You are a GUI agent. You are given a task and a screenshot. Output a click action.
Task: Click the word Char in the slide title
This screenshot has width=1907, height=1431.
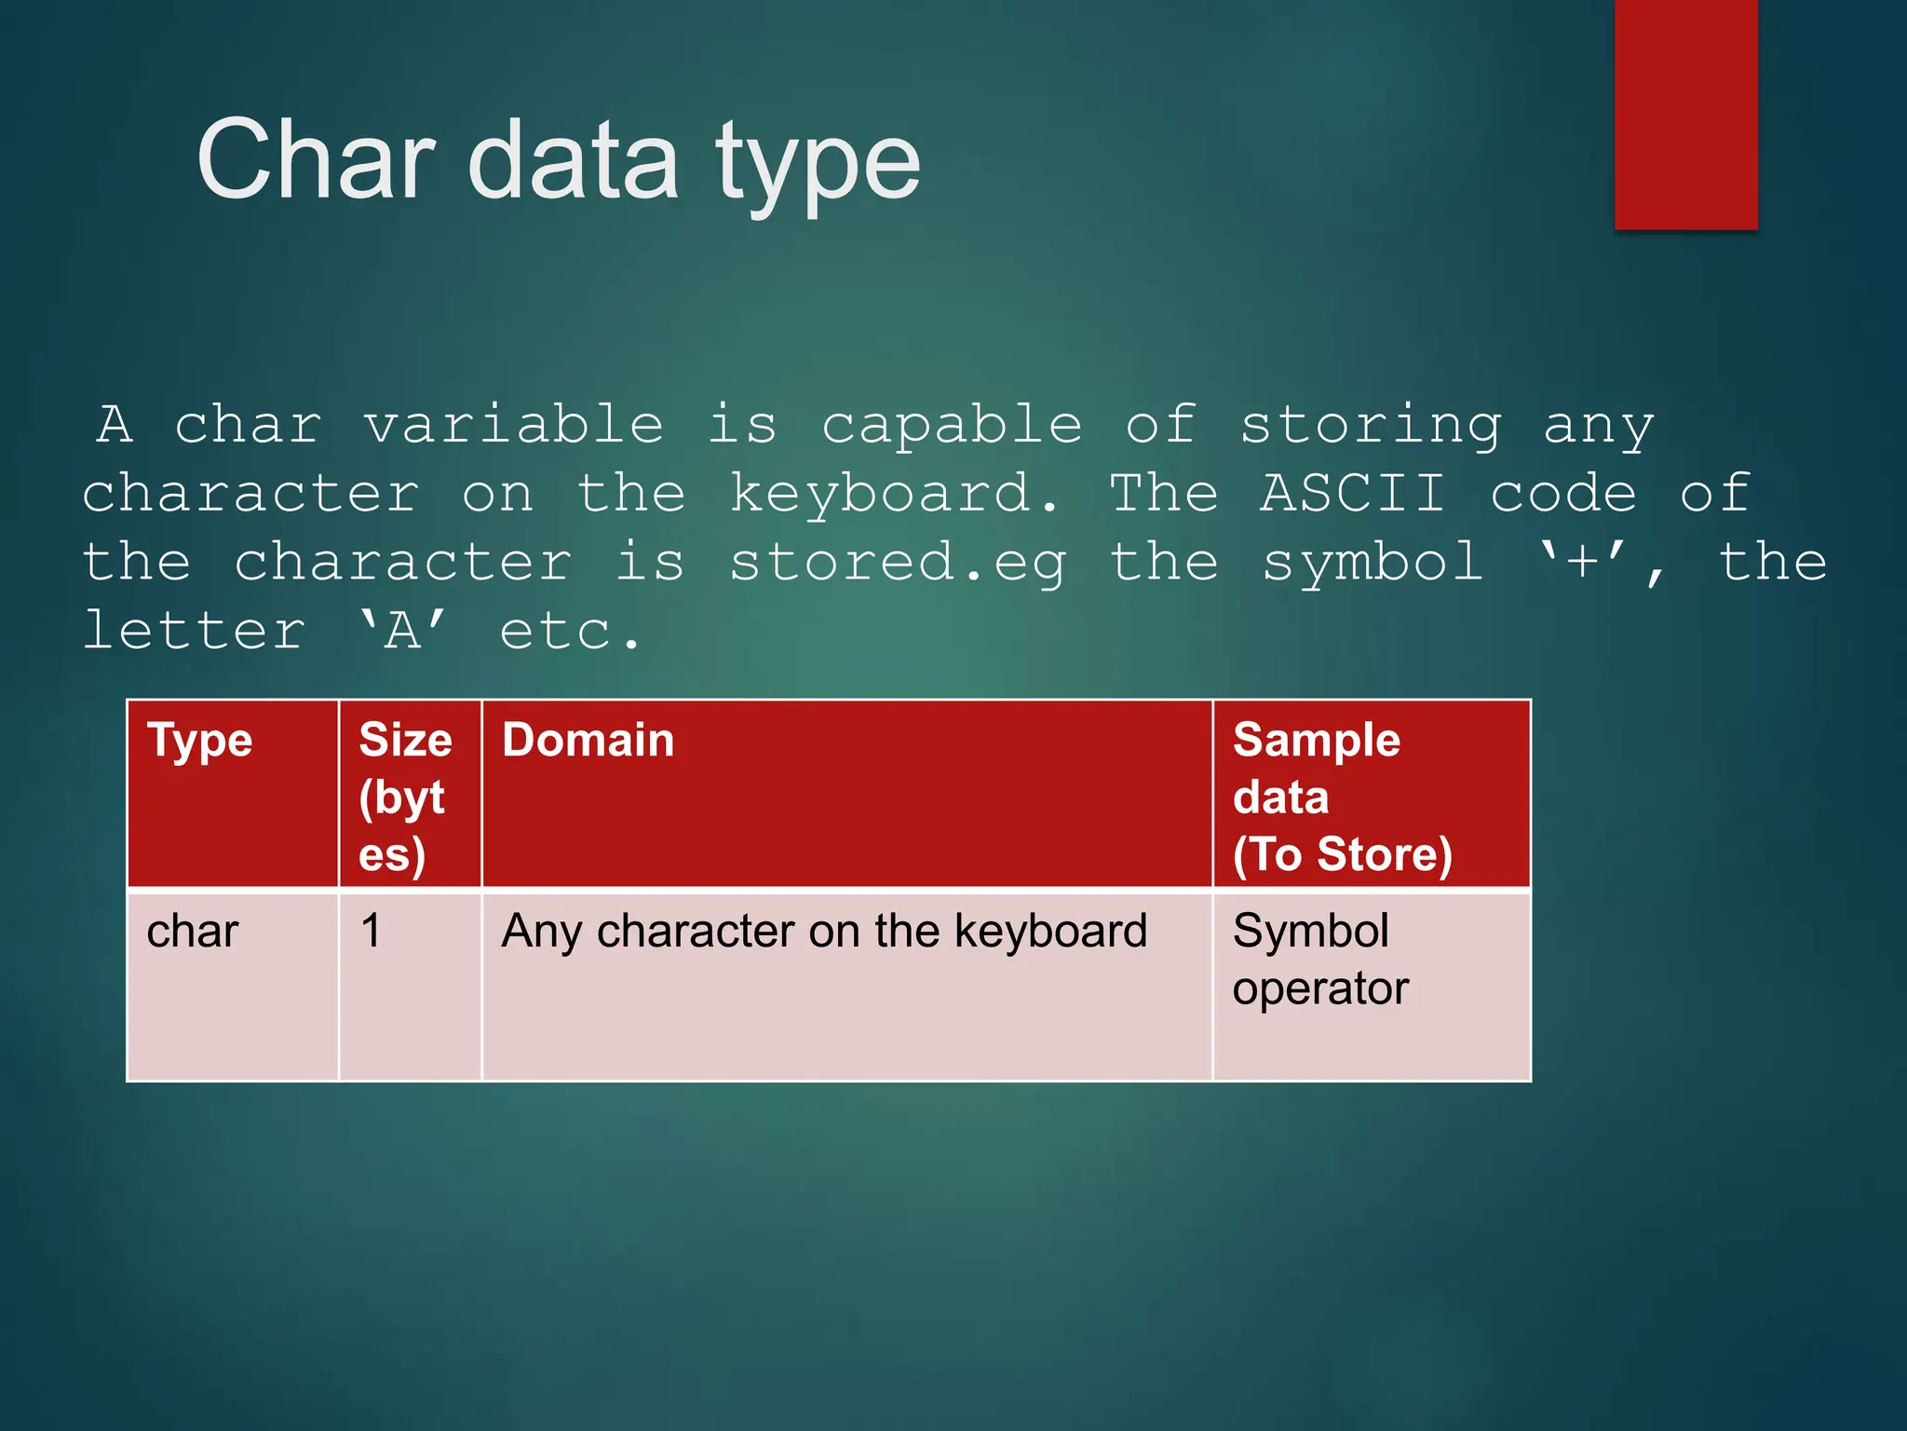click(317, 160)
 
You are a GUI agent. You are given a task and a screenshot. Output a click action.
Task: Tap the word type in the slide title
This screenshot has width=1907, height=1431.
click(818, 166)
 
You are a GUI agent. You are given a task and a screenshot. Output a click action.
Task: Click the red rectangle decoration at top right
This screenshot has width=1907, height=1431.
click(1685, 114)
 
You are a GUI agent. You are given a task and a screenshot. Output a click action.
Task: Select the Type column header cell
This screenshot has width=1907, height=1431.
click(232, 793)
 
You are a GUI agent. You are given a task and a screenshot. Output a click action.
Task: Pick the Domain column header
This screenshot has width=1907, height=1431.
click(845, 793)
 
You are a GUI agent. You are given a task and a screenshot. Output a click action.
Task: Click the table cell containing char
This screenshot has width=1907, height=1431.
click(232, 986)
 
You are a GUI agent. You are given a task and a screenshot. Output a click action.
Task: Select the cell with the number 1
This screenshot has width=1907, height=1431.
click(409, 986)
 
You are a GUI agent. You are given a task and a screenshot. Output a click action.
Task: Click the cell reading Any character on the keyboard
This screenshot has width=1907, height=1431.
click(845, 986)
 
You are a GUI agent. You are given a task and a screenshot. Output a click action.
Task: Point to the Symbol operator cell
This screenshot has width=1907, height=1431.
click(1371, 986)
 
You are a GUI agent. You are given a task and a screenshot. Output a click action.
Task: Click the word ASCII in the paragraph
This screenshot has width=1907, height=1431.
click(1353, 493)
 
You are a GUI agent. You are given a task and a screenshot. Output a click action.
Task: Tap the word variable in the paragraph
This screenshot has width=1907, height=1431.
click(513, 425)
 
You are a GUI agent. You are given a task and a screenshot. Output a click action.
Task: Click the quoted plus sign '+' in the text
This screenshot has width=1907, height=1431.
click(1582, 562)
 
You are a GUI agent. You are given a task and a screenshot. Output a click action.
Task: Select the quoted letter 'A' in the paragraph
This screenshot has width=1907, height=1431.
click(402, 631)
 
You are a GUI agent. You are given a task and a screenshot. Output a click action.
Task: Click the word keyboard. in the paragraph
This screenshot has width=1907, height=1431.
click(894, 494)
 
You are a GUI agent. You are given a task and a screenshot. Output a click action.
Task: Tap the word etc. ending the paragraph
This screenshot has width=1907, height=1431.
click(570, 632)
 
